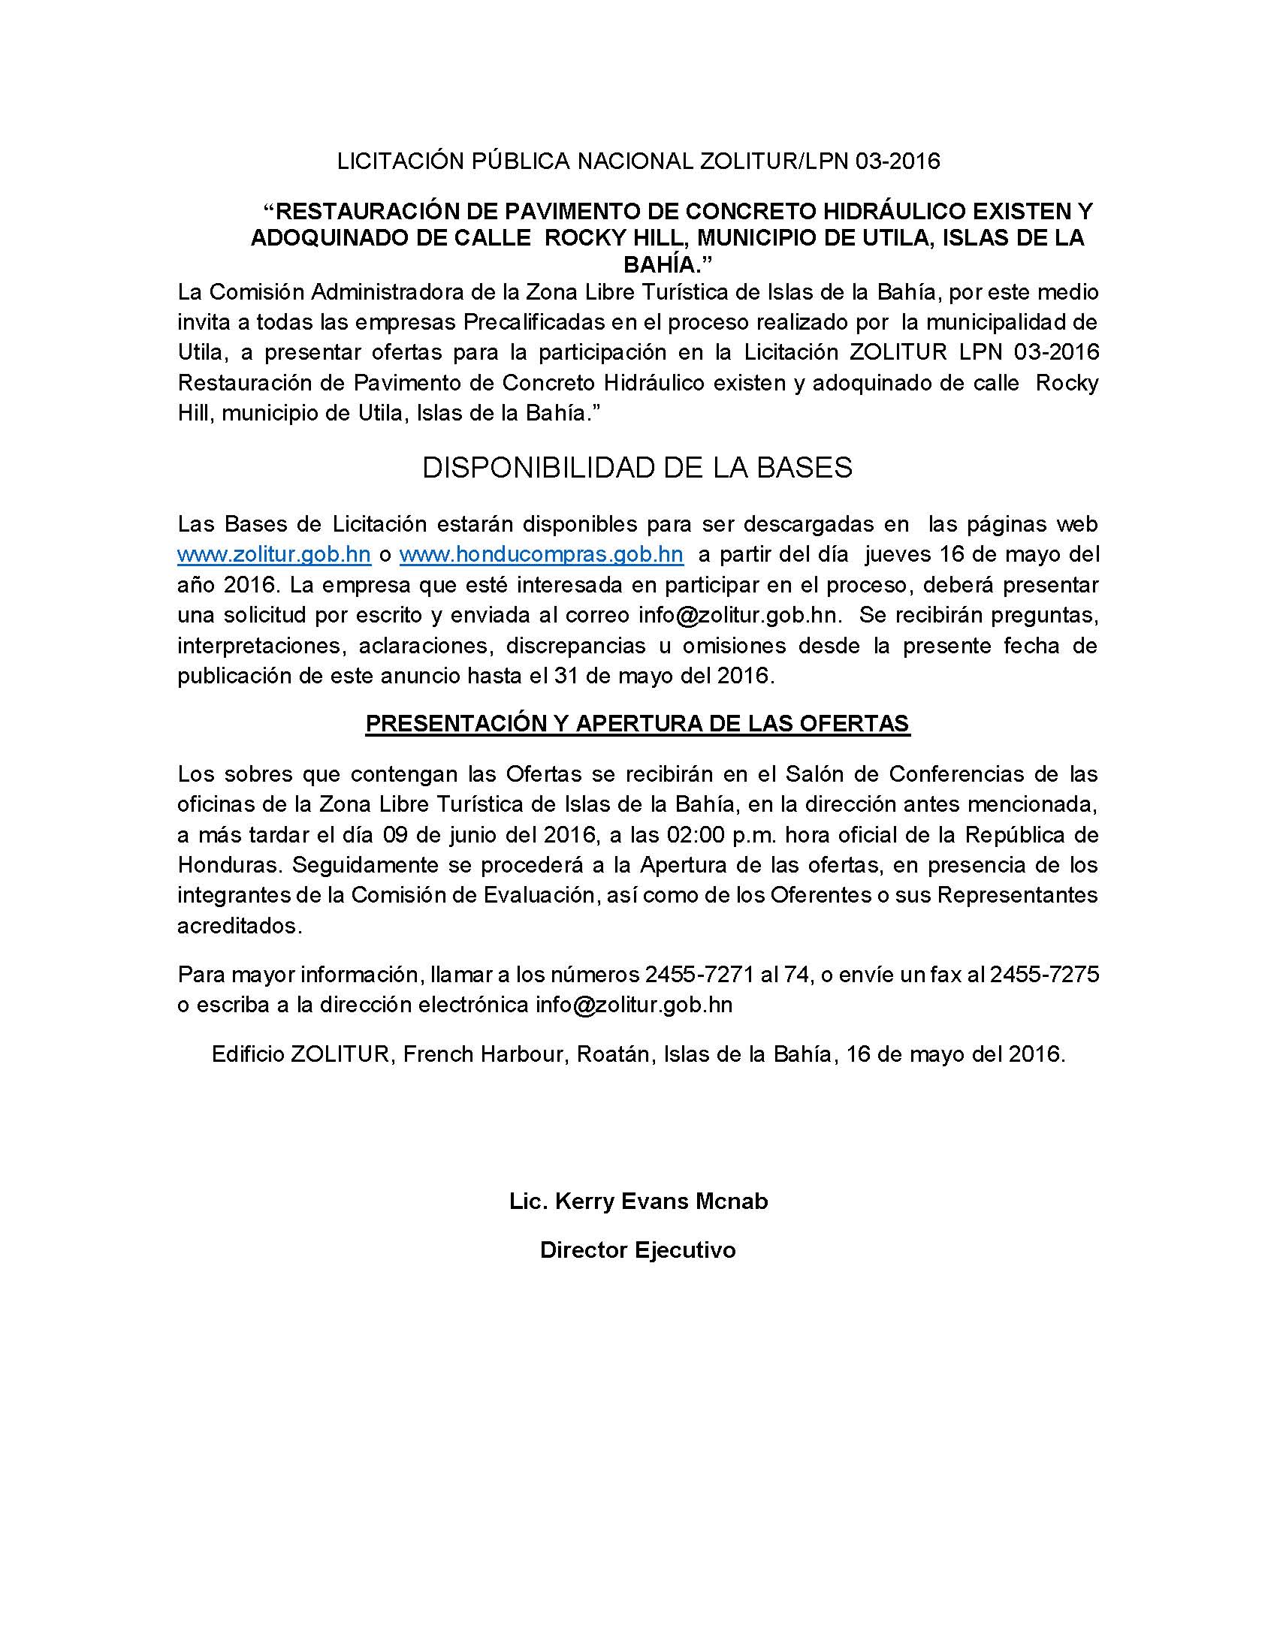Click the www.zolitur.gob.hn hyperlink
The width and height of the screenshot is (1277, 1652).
(274, 554)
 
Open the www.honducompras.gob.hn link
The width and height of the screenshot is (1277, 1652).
(541, 554)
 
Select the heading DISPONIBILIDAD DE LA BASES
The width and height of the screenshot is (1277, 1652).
(637, 469)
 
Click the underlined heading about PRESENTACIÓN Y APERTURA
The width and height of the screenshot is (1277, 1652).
(637, 724)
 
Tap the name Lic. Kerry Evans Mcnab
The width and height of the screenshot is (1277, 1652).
(638, 1201)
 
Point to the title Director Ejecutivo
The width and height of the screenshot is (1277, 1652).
(638, 1250)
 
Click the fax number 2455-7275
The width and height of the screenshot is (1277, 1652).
(1044, 975)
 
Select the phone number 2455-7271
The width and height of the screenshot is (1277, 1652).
(699, 975)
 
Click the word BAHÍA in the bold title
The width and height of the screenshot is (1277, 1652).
(665, 265)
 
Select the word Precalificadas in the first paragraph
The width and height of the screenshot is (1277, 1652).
(535, 322)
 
